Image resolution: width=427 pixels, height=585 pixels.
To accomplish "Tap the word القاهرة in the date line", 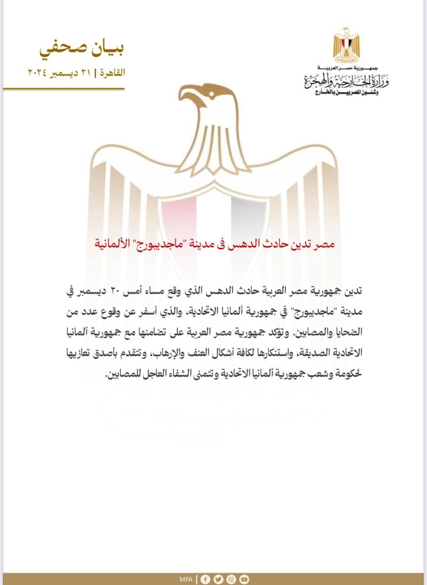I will [113, 72].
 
